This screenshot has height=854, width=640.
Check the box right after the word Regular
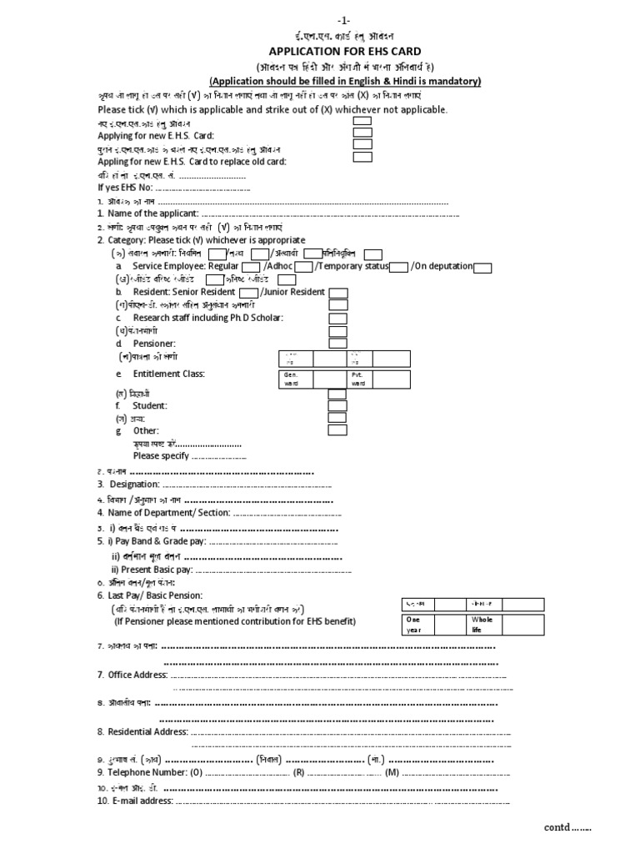click(251, 267)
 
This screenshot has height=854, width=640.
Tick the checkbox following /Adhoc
click(303, 267)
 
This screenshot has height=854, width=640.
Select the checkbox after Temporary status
click(399, 267)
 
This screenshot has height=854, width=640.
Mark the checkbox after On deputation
click(482, 267)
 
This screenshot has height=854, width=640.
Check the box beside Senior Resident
click(248, 293)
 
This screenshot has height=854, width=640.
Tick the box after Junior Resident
click(337, 293)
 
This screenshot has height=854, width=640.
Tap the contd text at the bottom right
click(567, 827)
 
